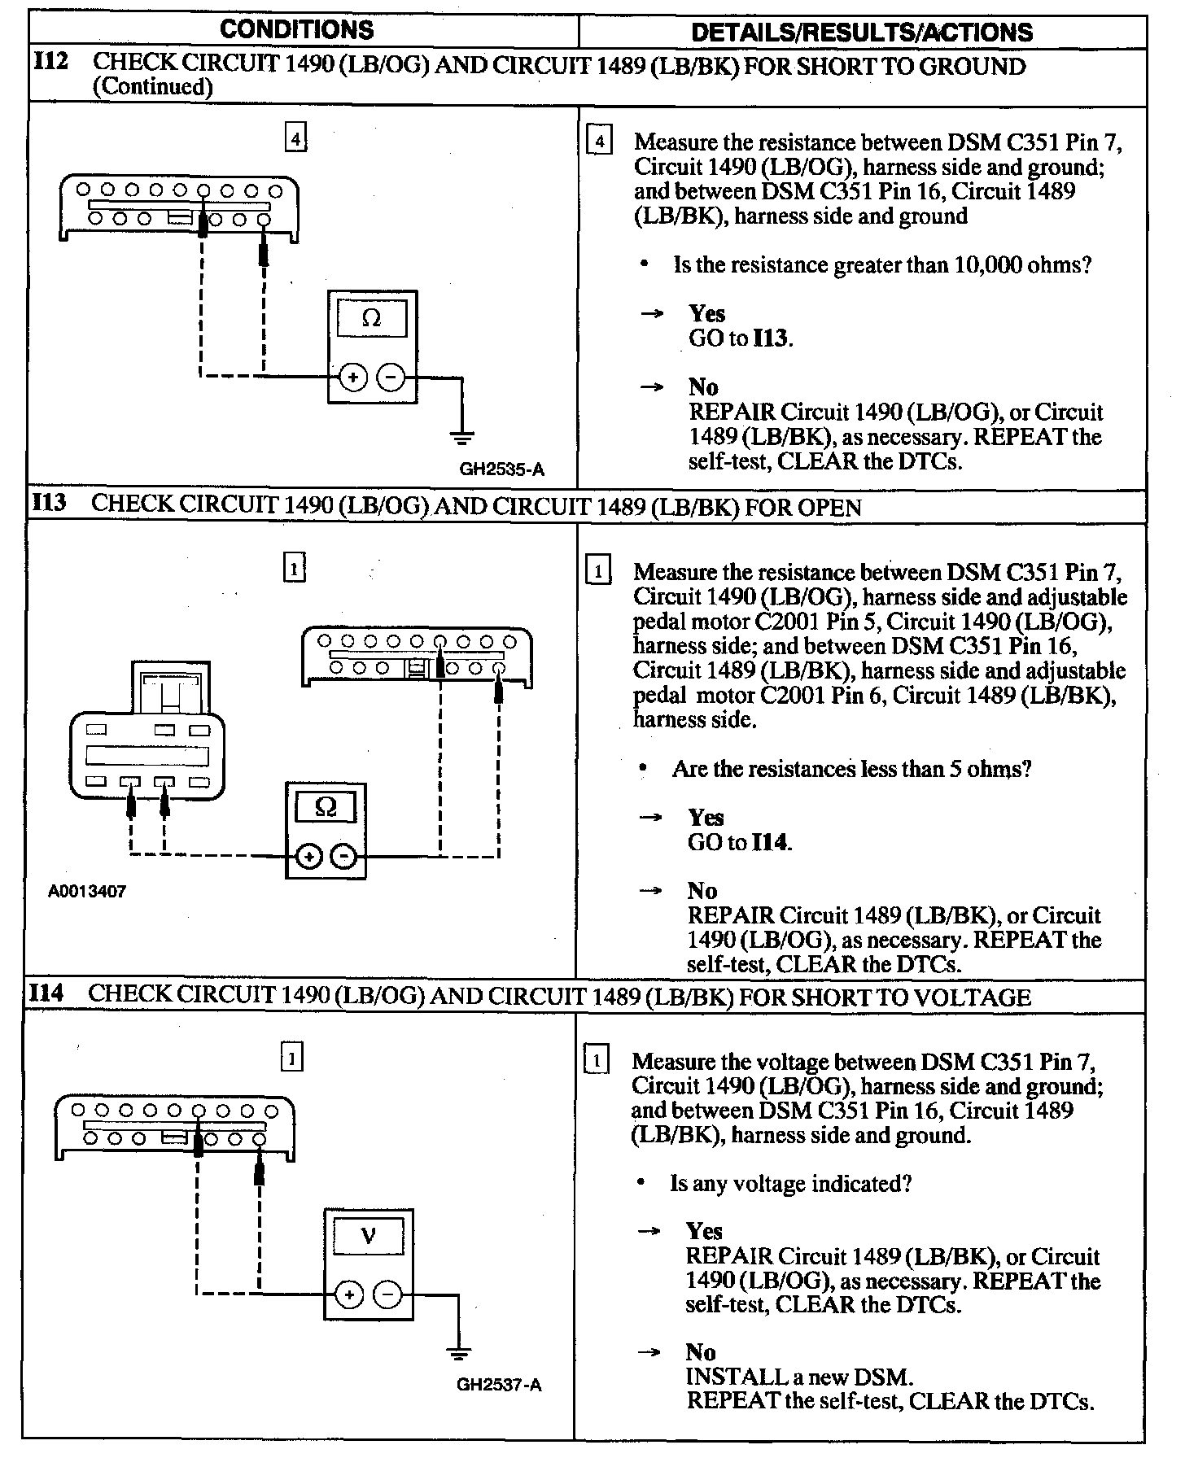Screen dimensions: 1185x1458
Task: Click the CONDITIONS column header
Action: point(297,30)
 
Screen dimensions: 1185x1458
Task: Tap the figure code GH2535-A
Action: point(501,469)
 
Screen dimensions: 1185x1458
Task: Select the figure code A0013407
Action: point(87,891)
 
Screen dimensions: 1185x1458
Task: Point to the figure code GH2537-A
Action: point(499,1384)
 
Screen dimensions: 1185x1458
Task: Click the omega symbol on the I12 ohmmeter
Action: point(371,318)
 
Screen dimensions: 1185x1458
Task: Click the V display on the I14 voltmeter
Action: point(369,1236)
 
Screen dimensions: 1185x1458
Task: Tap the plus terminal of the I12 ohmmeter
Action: point(353,378)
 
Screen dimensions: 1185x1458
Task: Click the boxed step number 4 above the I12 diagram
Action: point(295,139)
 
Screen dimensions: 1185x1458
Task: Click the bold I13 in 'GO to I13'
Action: point(771,338)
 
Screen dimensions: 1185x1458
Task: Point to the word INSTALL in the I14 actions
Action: point(727,1377)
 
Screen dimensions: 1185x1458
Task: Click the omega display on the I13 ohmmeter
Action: point(326,806)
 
